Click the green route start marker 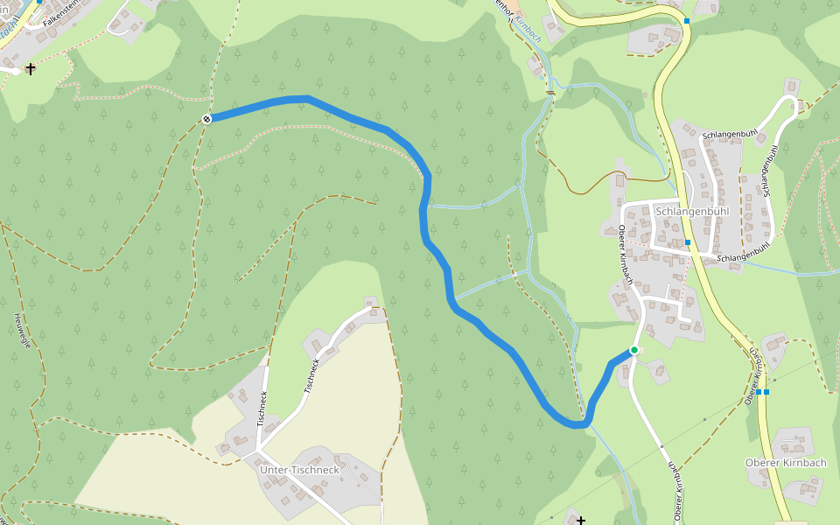point(634,350)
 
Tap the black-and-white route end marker point(206,119)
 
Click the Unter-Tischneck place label point(299,470)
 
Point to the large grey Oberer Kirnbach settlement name point(785,463)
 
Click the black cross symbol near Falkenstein point(31,68)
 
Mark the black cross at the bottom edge point(580,521)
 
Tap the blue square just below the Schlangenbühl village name point(688,241)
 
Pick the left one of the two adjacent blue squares point(758,392)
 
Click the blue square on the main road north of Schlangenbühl point(687,20)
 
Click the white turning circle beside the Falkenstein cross point(15,72)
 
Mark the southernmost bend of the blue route point(577,424)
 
